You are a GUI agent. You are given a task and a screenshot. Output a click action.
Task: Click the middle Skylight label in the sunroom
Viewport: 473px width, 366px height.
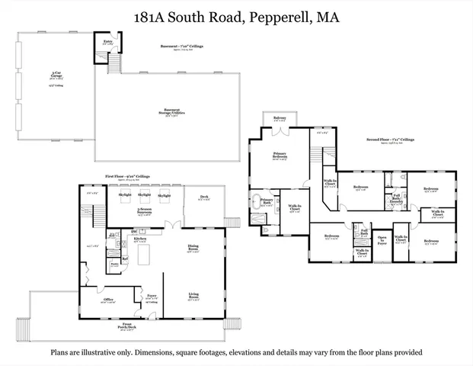(x=144, y=195)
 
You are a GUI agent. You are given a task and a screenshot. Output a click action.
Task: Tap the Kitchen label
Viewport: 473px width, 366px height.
(x=139, y=239)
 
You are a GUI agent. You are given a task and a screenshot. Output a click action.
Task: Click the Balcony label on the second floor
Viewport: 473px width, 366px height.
(x=280, y=118)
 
